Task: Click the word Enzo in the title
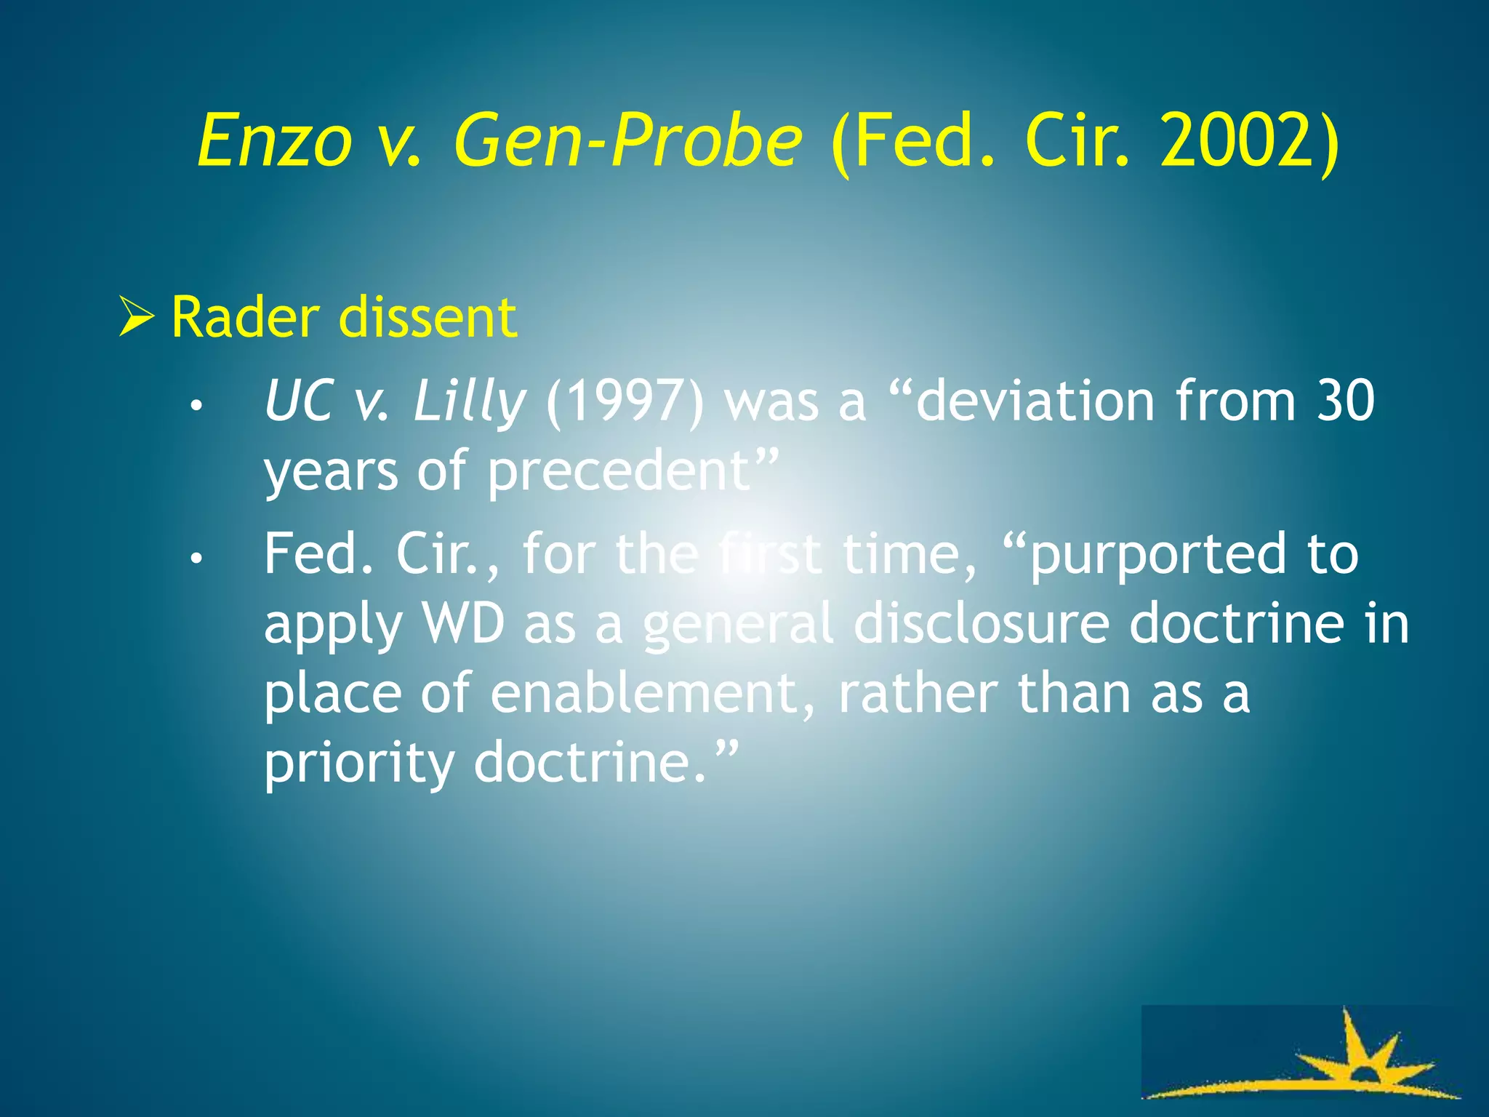[275, 140]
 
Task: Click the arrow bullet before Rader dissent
[136, 318]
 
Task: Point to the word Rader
[245, 318]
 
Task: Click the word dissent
[428, 318]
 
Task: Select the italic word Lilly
[470, 401]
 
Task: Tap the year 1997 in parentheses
[625, 401]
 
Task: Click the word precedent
[618, 471]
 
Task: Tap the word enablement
[644, 693]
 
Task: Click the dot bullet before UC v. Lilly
[194, 407]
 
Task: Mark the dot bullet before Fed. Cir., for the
[194, 559]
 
